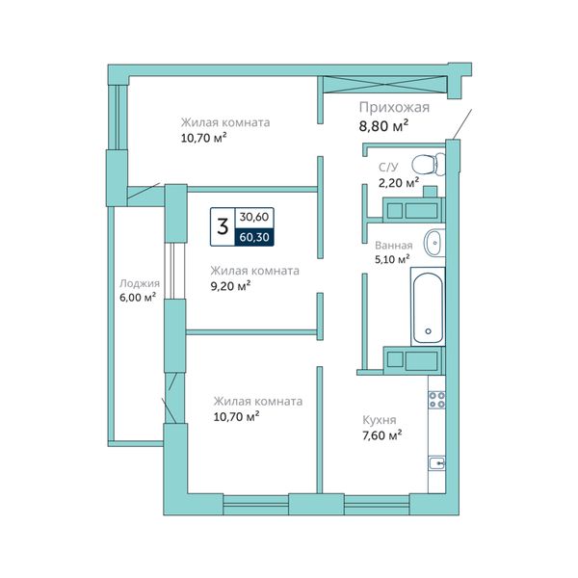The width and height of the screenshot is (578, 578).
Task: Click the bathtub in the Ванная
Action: point(427,306)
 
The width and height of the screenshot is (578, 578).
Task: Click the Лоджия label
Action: point(139,283)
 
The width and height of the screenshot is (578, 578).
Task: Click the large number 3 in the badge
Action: point(223,228)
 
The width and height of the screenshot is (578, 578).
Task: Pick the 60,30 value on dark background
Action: point(254,237)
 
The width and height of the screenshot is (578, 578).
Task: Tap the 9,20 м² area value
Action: point(229,285)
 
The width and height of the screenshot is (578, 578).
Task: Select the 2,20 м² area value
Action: point(398,181)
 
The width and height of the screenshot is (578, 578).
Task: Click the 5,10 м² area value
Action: point(392,258)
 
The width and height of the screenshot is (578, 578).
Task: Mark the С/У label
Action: point(387,166)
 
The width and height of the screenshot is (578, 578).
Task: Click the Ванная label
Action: point(394,245)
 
